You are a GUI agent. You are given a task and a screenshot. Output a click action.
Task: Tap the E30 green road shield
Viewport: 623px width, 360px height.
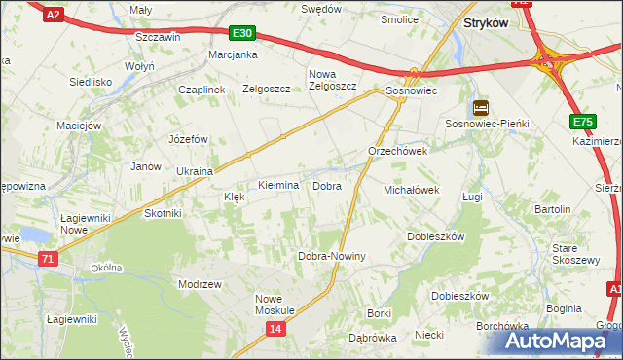click(243, 33)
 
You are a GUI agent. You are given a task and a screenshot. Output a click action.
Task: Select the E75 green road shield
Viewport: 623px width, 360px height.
click(582, 122)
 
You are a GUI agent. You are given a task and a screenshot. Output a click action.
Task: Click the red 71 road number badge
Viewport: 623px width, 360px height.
click(48, 258)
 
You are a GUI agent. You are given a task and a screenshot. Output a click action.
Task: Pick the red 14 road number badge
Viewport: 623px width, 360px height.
click(276, 331)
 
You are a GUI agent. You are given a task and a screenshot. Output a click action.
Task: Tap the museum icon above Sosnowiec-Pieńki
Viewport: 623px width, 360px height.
click(480, 108)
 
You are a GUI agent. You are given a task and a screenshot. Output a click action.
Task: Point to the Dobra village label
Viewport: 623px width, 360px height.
click(326, 185)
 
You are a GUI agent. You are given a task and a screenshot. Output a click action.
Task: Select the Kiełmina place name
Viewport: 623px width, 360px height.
click(277, 185)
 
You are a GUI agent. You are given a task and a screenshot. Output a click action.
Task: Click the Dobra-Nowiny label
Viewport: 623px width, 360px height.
click(331, 256)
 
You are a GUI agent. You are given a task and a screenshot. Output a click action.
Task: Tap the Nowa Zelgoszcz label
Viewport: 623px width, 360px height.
click(333, 80)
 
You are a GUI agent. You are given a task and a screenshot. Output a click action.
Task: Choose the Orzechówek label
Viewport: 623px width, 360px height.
click(397, 152)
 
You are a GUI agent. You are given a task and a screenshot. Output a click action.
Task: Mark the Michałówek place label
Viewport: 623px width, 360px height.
click(413, 190)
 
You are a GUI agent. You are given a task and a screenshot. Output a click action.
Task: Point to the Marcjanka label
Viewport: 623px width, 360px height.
click(233, 54)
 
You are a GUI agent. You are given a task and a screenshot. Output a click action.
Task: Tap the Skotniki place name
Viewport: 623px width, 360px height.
click(164, 213)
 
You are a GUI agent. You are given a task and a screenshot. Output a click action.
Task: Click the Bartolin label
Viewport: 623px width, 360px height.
click(552, 209)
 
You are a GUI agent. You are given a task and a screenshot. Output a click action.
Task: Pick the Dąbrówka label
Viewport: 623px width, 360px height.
click(372, 338)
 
